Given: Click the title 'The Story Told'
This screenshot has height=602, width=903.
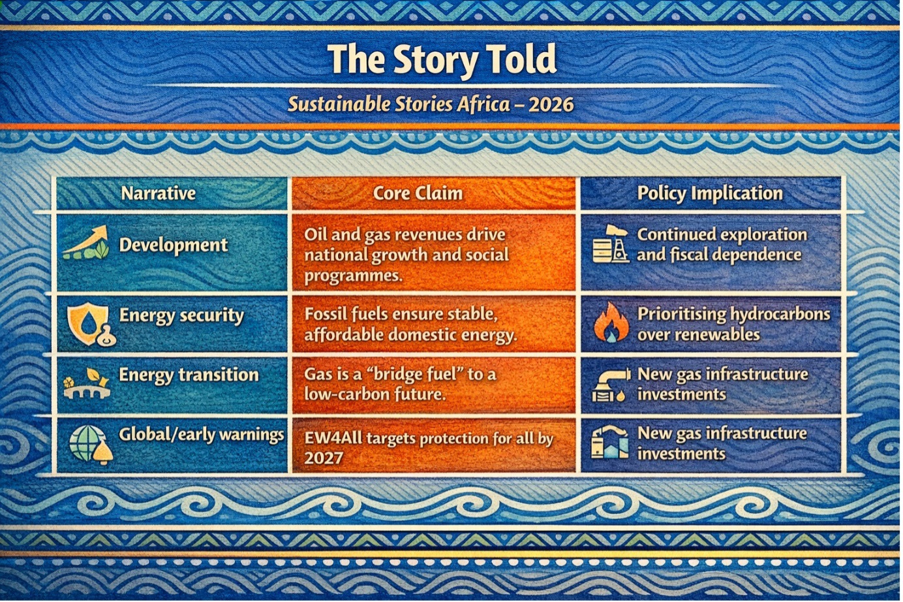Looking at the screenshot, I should [442, 60].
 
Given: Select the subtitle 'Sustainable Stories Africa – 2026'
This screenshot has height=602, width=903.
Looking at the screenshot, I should [431, 104].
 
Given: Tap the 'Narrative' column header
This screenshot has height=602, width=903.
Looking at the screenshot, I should [159, 193].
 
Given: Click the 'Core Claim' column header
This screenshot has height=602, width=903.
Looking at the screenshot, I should [418, 193].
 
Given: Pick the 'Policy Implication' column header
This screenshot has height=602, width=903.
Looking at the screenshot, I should [709, 193].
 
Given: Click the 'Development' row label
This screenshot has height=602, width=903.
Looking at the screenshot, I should [174, 246].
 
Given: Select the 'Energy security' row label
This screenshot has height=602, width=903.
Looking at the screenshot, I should [181, 316].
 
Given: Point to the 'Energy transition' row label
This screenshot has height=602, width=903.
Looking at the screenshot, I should [189, 375].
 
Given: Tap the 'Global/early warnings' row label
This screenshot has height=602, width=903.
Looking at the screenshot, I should [201, 435].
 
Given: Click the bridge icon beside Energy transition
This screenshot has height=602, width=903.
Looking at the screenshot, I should [86, 384].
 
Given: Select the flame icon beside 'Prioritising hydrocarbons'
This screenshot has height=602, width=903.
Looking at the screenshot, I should [611, 323].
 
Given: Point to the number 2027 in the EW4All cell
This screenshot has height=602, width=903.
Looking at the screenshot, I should [324, 458].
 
